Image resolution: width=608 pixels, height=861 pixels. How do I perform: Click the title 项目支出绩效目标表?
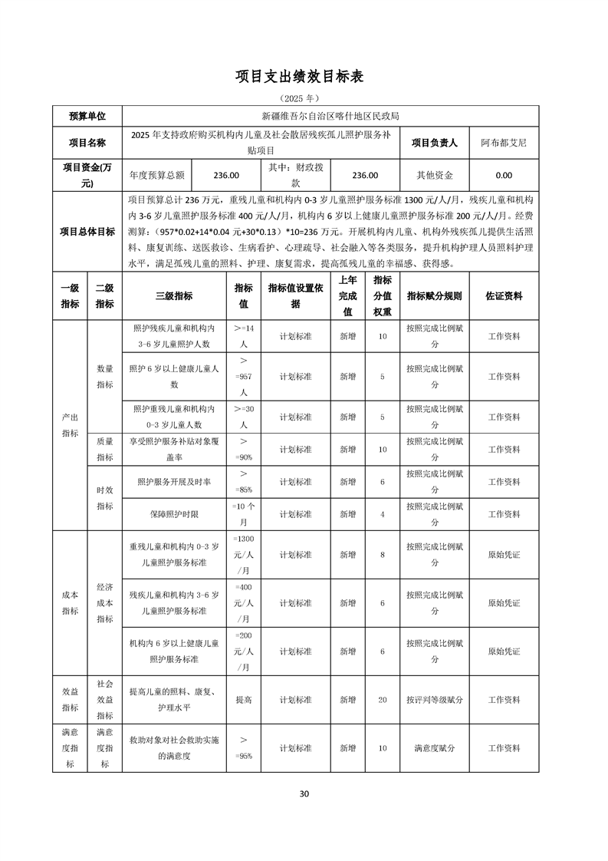coord(304,77)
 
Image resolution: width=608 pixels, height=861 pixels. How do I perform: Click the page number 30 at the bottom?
coord(304,793)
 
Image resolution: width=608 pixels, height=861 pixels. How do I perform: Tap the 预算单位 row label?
coord(87,116)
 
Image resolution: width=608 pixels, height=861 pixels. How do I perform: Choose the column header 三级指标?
coord(174,295)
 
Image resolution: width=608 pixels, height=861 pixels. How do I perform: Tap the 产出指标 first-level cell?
coord(70,424)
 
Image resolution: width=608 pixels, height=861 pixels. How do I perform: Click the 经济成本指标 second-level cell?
coord(105,602)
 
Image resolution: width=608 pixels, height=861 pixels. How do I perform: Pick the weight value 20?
coord(383,700)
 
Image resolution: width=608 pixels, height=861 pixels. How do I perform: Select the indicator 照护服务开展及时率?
coord(174,481)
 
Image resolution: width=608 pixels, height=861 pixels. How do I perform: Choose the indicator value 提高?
coord(244,700)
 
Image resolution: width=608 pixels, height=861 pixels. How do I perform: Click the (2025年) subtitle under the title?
coord(304,98)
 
